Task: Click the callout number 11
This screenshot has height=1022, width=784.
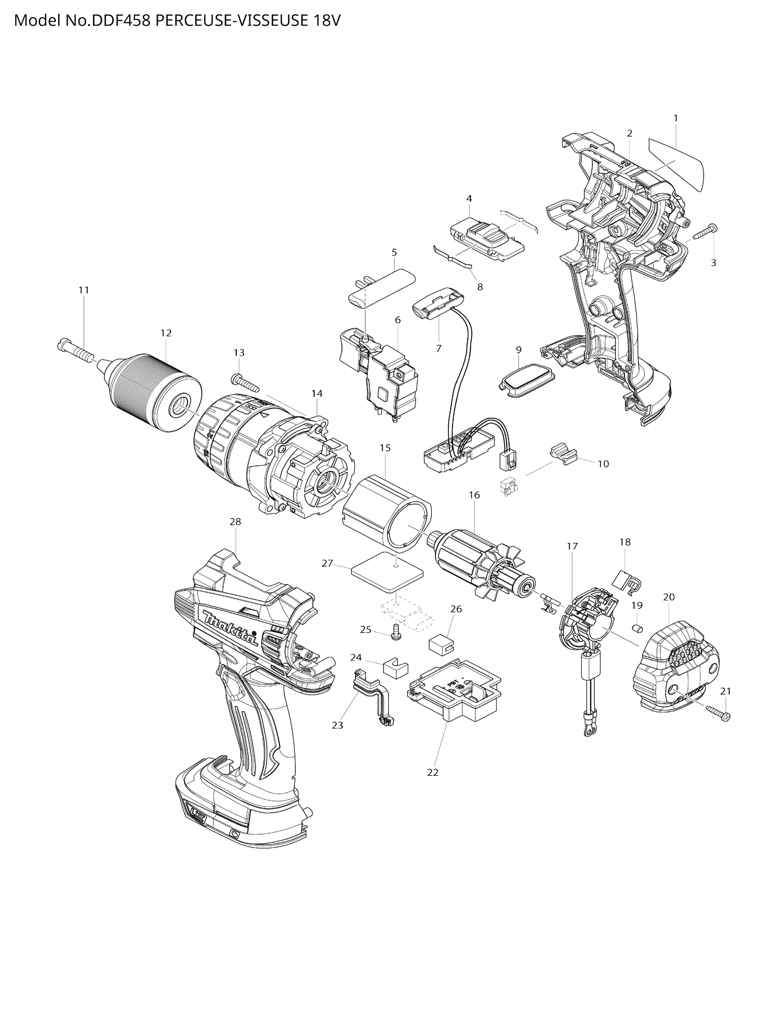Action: tap(84, 290)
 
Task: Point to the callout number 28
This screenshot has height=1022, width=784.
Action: tap(235, 521)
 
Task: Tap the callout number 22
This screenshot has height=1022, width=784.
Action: tap(433, 772)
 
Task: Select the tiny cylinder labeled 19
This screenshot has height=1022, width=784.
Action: tap(638, 628)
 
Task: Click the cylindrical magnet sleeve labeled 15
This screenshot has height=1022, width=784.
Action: tap(387, 513)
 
